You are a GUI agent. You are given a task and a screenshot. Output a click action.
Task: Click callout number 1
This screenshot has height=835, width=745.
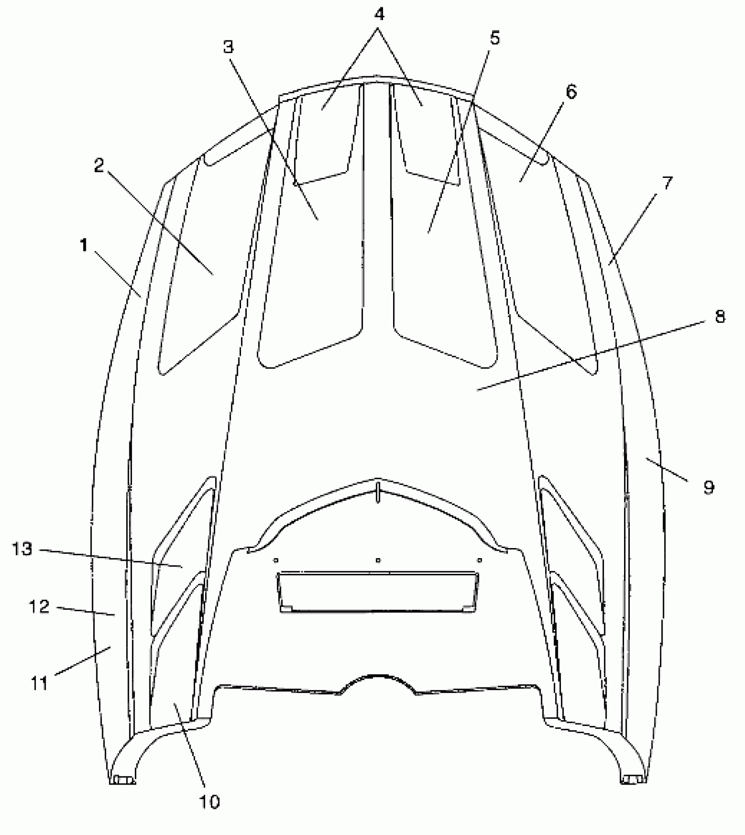pos(83,246)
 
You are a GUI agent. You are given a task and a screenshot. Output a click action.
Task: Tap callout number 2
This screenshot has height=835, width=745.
pos(99,166)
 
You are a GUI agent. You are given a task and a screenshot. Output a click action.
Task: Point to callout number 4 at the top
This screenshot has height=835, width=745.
pos(379,14)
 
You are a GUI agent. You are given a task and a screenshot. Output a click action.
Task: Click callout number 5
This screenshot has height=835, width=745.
pos(494,39)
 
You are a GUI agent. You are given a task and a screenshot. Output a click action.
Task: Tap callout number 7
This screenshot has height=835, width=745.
pos(666,183)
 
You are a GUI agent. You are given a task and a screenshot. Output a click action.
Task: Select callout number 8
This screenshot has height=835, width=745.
pos(720,316)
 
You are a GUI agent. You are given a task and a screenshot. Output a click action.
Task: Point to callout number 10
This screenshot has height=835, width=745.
pos(209,802)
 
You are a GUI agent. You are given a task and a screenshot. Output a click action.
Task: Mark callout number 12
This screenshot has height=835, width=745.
pos(39,607)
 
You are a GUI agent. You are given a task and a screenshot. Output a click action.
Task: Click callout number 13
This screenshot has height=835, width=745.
pos(22,549)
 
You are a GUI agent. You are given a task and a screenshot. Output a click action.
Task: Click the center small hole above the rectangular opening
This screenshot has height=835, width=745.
pos(378,560)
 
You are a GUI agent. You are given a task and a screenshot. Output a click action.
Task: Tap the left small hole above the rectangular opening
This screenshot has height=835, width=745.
pos(276,560)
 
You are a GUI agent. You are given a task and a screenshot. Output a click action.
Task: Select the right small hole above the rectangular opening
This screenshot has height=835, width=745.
pos(480,560)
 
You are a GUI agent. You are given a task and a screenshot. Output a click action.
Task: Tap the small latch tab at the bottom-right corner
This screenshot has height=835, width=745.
pos(633,780)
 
